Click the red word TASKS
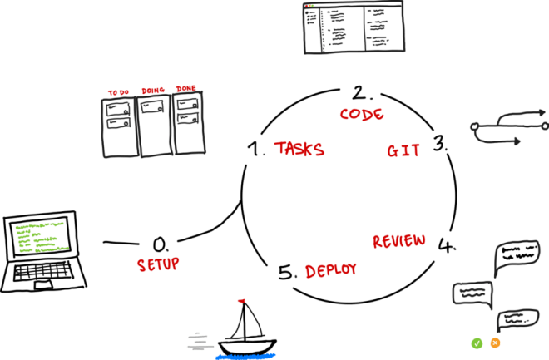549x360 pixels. tap(299, 149)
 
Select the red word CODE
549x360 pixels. tap(362, 113)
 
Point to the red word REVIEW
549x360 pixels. tap(398, 241)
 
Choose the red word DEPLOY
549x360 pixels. tap(330, 270)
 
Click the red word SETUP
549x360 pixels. tap(158, 264)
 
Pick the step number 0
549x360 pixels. tap(160, 244)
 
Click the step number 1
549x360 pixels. tap(256, 149)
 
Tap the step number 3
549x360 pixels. tap(439, 142)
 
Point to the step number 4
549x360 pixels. tap(444, 245)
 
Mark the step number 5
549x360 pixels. tap(286, 271)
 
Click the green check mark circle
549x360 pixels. tap(477, 343)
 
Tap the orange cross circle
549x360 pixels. tap(496, 343)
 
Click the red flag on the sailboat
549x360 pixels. tap(241, 300)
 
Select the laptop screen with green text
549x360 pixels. tap(38, 237)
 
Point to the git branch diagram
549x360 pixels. tap(507, 129)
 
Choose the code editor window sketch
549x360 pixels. tap(354, 27)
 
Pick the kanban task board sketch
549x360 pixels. tap(153, 124)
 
